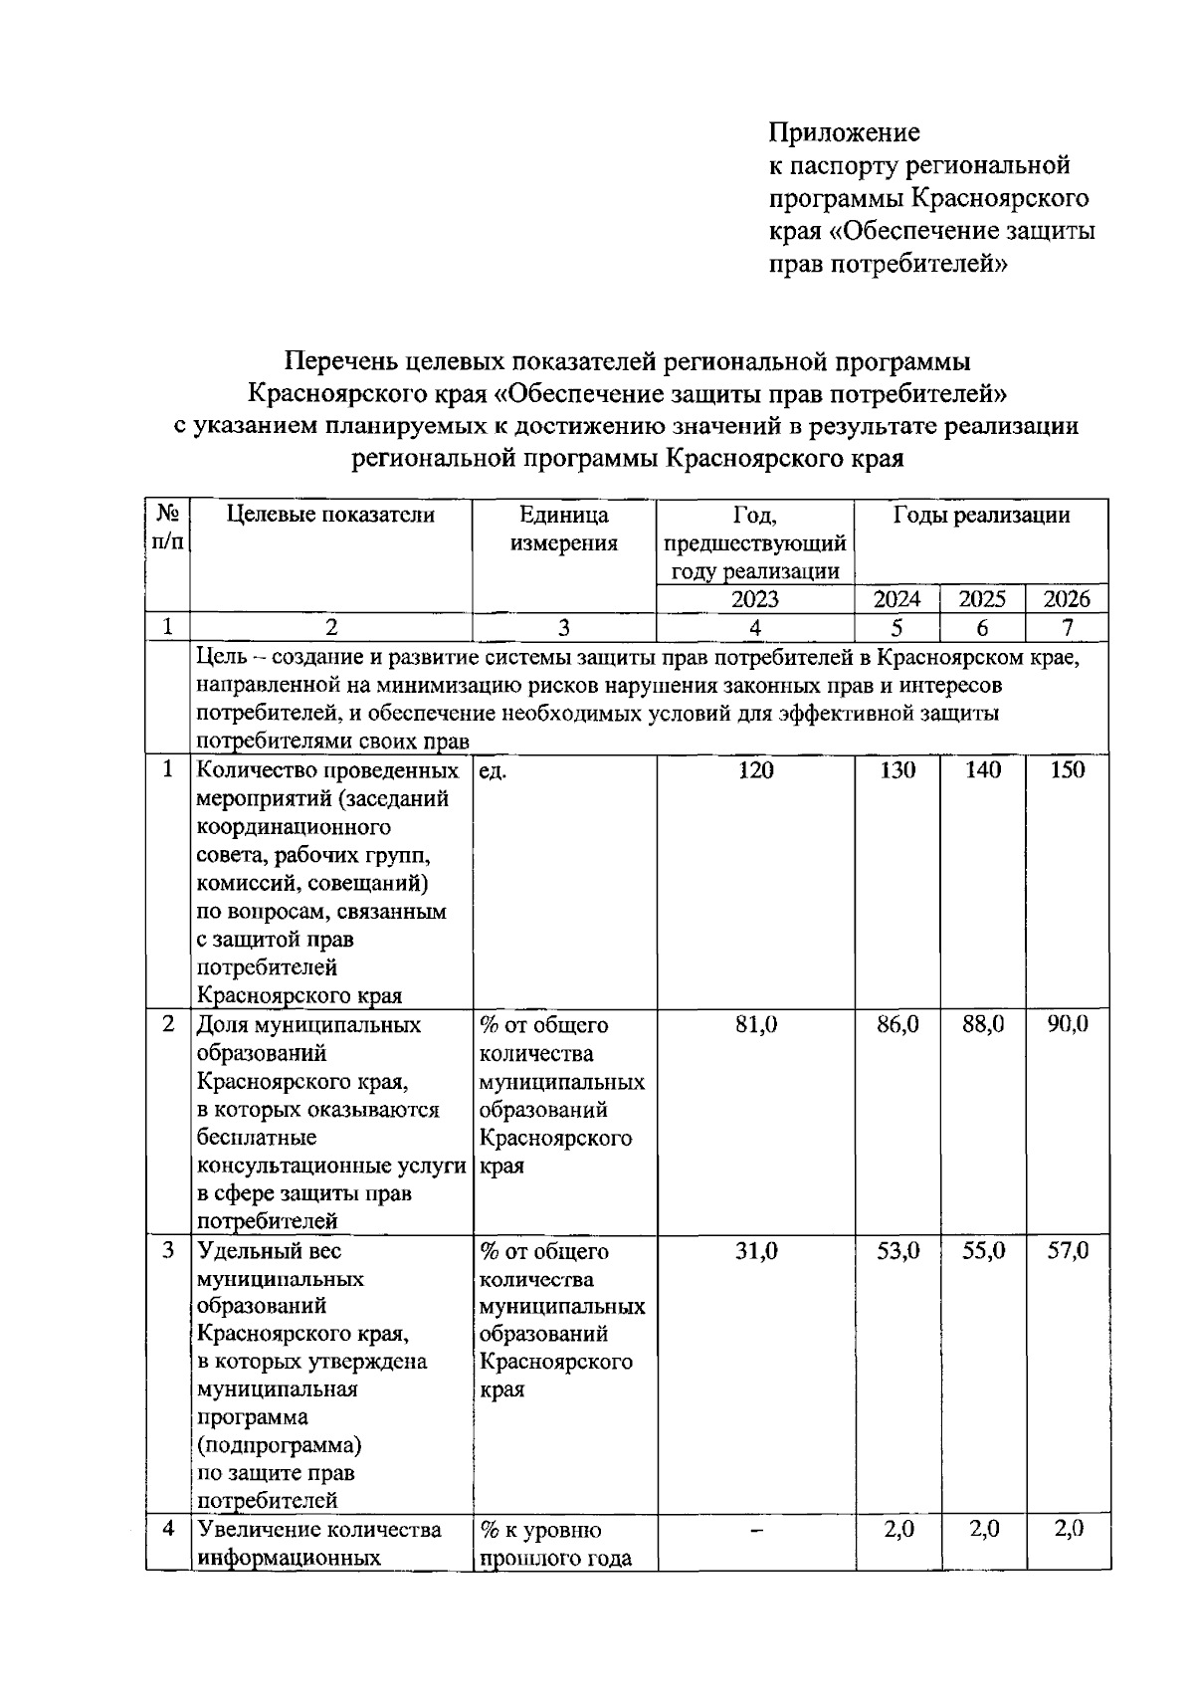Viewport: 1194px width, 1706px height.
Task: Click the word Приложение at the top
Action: pyautogui.click(x=844, y=132)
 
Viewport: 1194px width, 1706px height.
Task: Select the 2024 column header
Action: pyautogui.click(x=896, y=599)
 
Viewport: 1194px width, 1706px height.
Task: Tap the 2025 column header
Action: pyautogui.click(x=982, y=599)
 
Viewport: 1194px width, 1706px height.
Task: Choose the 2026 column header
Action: pyautogui.click(x=1067, y=599)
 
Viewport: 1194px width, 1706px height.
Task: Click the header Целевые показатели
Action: pyautogui.click(x=331, y=515)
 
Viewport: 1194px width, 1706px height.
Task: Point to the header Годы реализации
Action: pyautogui.click(x=981, y=515)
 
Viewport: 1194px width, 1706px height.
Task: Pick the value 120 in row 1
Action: pyautogui.click(x=756, y=770)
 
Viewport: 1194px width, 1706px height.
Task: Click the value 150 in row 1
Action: pyautogui.click(x=1067, y=770)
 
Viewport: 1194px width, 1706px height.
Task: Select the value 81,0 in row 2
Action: pyautogui.click(x=756, y=1025)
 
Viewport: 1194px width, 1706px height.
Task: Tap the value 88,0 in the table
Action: pyautogui.click(x=983, y=1025)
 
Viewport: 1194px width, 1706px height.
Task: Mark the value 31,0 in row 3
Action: pyautogui.click(x=756, y=1251)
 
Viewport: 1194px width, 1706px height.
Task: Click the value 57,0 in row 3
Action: pyautogui.click(x=1068, y=1251)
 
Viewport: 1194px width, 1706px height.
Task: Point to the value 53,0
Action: pyautogui.click(x=897, y=1251)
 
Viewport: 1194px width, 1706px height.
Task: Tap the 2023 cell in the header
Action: pyautogui.click(x=755, y=599)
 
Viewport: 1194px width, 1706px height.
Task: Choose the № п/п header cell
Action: pyautogui.click(x=168, y=528)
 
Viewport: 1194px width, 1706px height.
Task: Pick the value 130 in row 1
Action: pyautogui.click(x=897, y=770)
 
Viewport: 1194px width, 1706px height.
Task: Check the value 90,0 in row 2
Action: pyautogui.click(x=1068, y=1025)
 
